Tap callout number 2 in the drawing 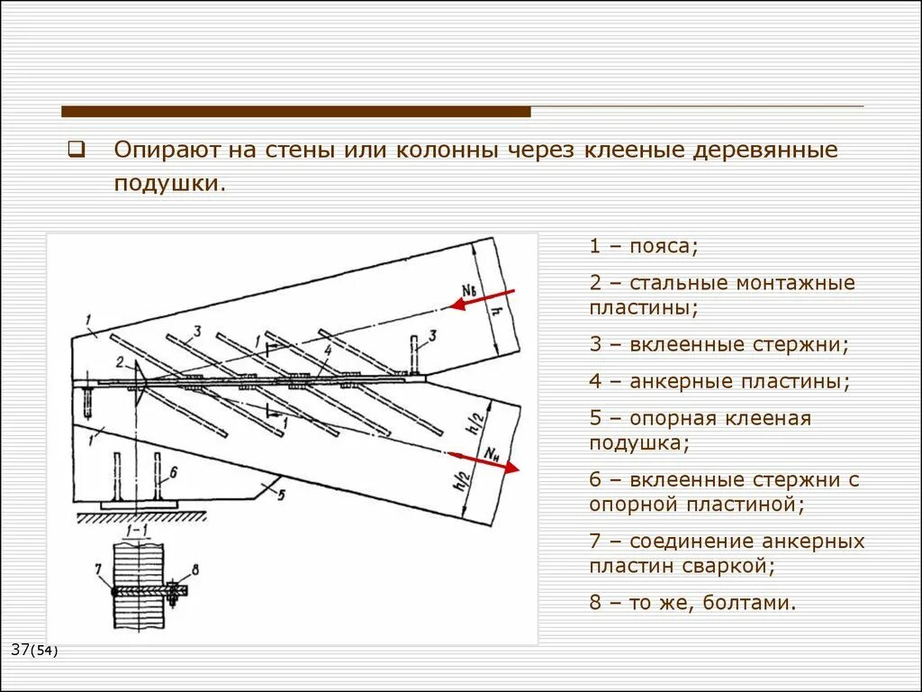click(x=119, y=362)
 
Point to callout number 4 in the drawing click(x=328, y=350)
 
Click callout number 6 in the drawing click(x=174, y=469)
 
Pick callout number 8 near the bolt click(x=195, y=569)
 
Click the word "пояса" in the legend click(x=662, y=247)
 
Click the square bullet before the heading click(x=76, y=149)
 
